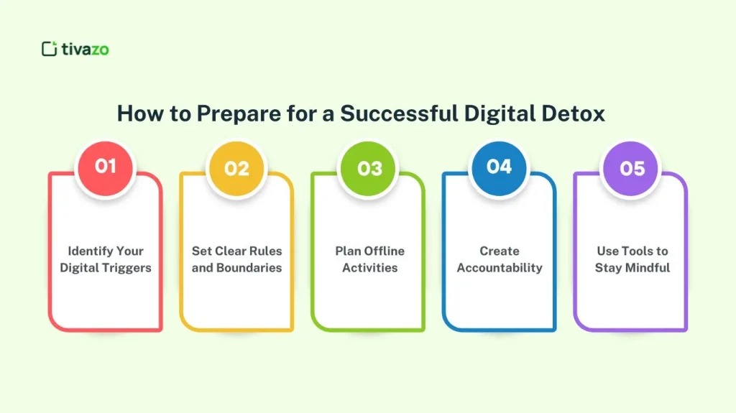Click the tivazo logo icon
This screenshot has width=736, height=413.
click(x=49, y=49)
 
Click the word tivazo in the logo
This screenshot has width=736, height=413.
click(x=85, y=49)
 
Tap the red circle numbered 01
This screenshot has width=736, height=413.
click(x=105, y=167)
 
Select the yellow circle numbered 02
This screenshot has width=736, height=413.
click(x=236, y=168)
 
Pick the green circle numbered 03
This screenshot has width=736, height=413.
click(x=369, y=168)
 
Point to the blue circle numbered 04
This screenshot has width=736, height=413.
click(x=499, y=167)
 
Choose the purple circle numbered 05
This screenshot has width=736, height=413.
click(x=632, y=168)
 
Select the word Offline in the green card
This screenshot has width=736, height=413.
click(x=385, y=251)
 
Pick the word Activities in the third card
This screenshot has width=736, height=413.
click(x=369, y=268)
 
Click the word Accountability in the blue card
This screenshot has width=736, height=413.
click(x=500, y=268)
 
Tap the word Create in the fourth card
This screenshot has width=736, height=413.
click(x=500, y=251)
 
